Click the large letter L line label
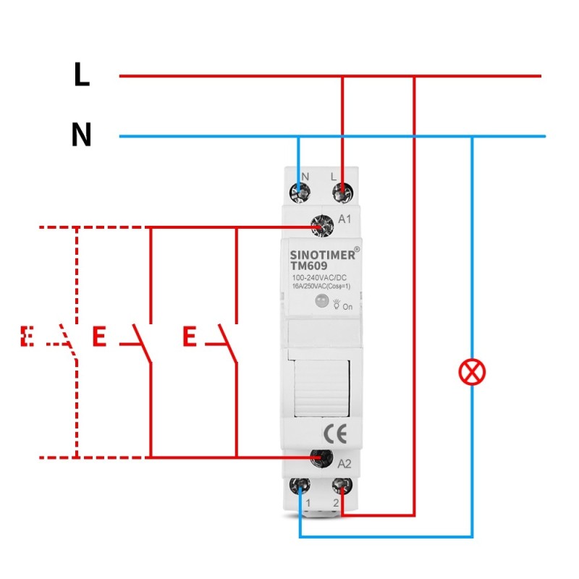(x=82, y=75)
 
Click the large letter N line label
(x=82, y=135)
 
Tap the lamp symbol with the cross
(x=472, y=373)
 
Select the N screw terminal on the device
(x=299, y=193)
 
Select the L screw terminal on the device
(x=342, y=193)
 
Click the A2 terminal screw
(x=319, y=457)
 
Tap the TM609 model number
(x=309, y=266)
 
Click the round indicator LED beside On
(x=321, y=304)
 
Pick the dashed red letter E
(x=28, y=337)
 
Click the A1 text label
(x=345, y=219)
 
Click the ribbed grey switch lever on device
(x=321, y=387)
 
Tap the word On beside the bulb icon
(x=347, y=307)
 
